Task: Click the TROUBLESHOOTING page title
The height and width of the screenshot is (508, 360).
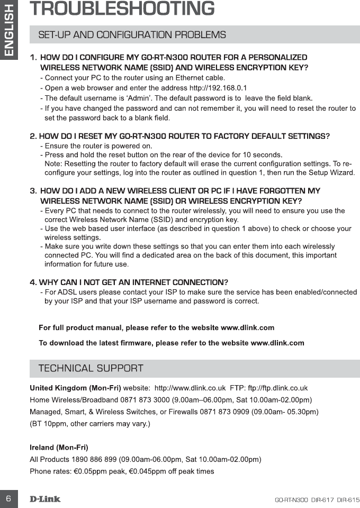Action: (x=122, y=10)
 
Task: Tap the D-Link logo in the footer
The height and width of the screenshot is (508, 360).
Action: (x=45, y=499)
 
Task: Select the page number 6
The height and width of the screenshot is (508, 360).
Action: (x=8, y=499)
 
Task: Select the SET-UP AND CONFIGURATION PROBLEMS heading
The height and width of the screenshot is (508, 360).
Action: (x=132, y=35)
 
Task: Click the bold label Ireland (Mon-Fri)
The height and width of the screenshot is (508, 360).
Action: (x=59, y=448)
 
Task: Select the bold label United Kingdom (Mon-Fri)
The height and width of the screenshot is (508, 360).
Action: (x=75, y=388)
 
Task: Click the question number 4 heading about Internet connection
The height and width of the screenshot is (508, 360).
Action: (x=129, y=281)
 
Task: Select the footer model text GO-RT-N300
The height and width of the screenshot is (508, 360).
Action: (x=291, y=500)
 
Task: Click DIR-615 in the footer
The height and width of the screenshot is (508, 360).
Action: (x=348, y=500)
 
